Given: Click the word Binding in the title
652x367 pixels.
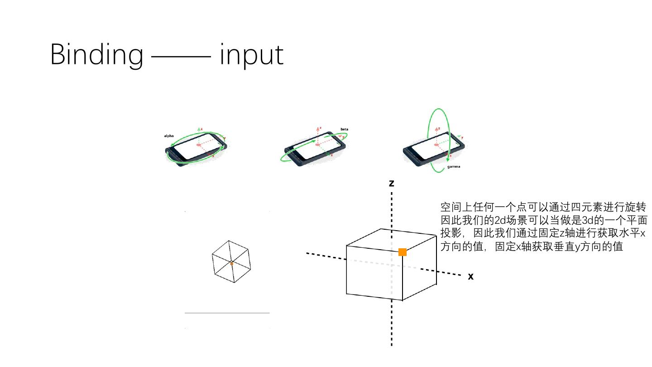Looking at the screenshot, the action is pos(96,55).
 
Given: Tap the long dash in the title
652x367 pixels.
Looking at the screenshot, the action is pos(181,57).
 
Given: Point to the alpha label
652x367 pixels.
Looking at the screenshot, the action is pos(169,136).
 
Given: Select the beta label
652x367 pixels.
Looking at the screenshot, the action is pos(345,129).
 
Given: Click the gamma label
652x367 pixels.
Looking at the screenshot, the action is pos(454,167).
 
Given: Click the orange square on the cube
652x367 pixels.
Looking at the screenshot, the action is pos(403,252).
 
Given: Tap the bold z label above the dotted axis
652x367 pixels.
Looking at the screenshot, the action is pos(392,183).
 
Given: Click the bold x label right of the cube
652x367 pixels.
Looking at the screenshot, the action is pos(471,276).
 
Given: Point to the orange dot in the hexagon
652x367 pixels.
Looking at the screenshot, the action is pos(231,263).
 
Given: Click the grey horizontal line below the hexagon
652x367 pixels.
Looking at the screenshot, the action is pos(227,313).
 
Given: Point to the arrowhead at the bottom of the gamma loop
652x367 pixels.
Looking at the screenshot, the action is pos(448,159).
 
